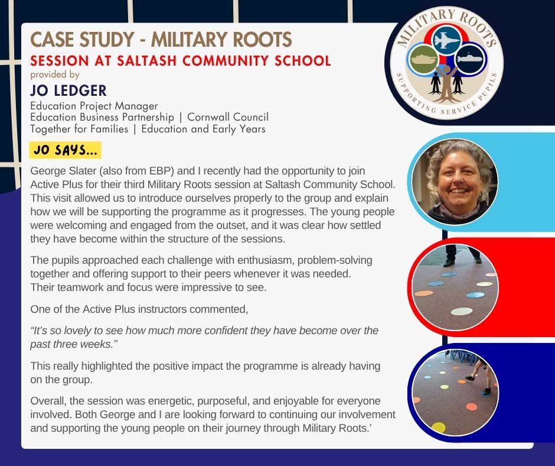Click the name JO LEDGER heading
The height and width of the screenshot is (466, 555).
(x=68, y=90)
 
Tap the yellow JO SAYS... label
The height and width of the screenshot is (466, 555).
(x=65, y=150)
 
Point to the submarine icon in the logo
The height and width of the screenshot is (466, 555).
(x=471, y=58)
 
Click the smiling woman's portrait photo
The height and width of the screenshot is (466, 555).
(x=455, y=182)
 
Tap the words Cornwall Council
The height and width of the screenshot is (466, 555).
(x=228, y=117)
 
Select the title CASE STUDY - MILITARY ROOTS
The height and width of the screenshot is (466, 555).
(x=161, y=40)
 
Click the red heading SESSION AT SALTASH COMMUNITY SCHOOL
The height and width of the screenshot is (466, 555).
(x=181, y=61)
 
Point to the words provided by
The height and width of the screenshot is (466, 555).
(x=55, y=75)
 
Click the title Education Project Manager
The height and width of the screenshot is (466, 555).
(x=94, y=106)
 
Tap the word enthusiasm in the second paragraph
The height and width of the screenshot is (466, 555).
(x=266, y=260)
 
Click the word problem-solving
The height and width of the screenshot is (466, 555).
(x=335, y=260)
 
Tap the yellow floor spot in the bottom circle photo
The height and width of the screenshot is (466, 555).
(x=438, y=428)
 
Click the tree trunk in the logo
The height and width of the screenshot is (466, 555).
(x=446, y=85)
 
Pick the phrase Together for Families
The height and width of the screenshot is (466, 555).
(x=79, y=129)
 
